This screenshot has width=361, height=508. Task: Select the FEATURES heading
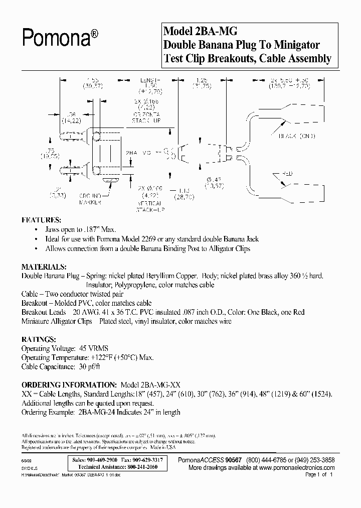pyautogui.click(x=41, y=220)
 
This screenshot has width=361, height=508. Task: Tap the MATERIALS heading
pyautogui.click(x=44, y=267)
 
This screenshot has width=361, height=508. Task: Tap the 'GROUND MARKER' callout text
pyautogui.click(x=90, y=200)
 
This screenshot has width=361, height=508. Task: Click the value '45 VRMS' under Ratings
pyautogui.click(x=94, y=348)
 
